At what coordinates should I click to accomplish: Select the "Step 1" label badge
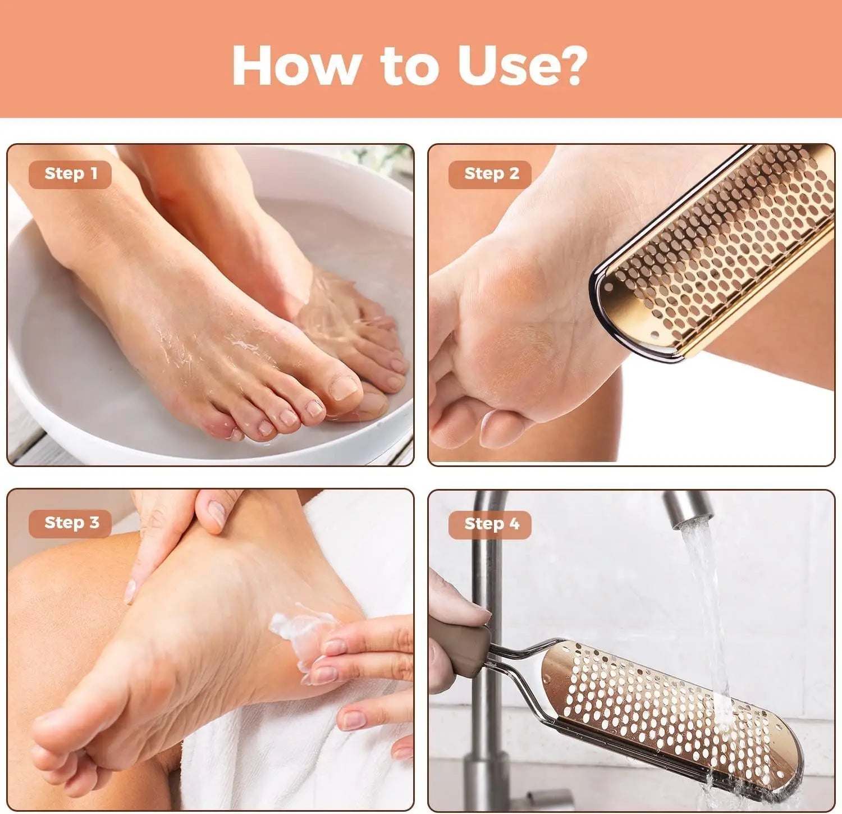tap(70, 174)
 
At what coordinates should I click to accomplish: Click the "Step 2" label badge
tap(491, 174)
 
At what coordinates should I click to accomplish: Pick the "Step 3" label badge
tap(70, 523)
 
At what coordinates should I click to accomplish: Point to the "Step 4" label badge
tap(491, 524)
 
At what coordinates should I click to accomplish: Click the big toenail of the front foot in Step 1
tap(344, 387)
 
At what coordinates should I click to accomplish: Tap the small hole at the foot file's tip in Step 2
tap(654, 335)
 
